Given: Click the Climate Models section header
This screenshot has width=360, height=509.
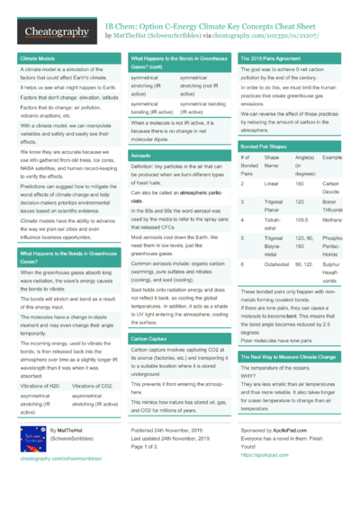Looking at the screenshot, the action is pos(36,58).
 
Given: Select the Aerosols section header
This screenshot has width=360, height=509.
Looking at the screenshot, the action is pos(140,156).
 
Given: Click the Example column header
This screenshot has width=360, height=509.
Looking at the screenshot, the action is pos(332,158).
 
